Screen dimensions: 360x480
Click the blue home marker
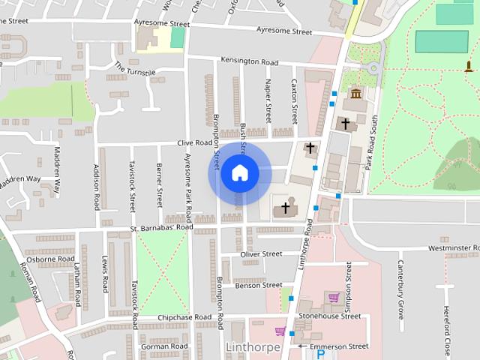239,173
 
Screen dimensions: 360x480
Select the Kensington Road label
249,60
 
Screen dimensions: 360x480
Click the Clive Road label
195,142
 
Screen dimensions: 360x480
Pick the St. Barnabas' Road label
161,226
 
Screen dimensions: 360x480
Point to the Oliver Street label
260,255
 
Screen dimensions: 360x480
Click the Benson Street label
258,286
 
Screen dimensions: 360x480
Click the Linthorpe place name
253,347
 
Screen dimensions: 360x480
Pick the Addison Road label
97,187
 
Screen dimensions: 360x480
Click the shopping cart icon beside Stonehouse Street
333,298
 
